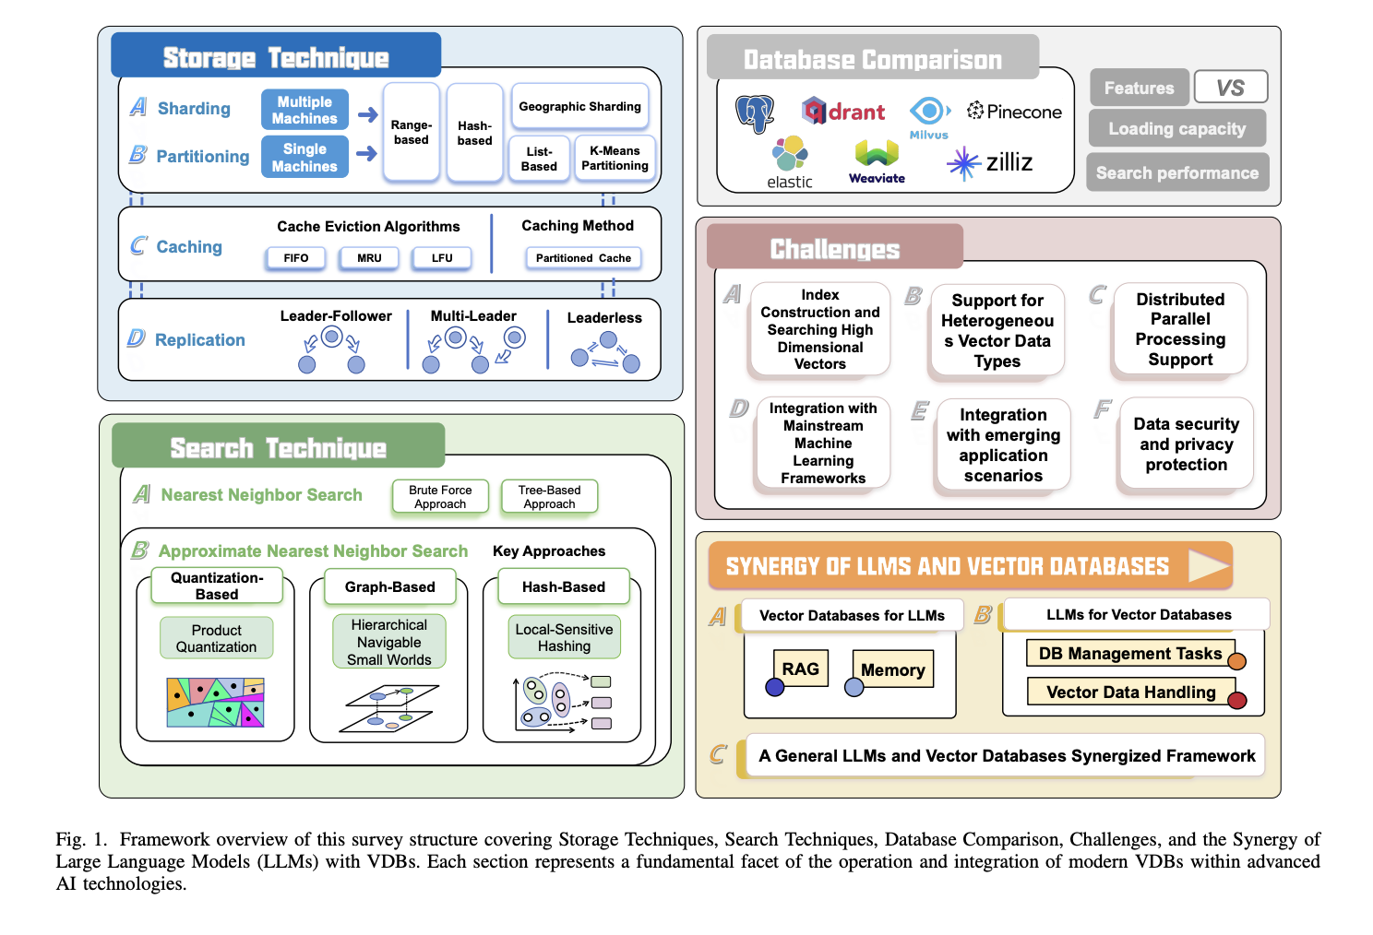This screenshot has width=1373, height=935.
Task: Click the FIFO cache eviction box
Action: (x=296, y=258)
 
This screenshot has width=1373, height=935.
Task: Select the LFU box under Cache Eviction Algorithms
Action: (x=442, y=258)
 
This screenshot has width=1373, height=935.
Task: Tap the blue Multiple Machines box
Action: (x=304, y=110)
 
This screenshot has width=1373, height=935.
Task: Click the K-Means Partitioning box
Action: (x=615, y=158)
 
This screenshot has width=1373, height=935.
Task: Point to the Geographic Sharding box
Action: (x=579, y=107)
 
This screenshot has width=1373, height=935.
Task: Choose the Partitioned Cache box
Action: (x=583, y=258)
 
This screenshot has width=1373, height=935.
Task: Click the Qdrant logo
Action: (x=843, y=112)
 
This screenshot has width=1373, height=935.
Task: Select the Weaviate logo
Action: (x=877, y=162)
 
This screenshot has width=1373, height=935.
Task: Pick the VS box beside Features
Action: (x=1230, y=88)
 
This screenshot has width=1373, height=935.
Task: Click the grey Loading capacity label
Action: (x=1176, y=128)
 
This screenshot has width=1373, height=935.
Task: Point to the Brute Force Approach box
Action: (x=440, y=497)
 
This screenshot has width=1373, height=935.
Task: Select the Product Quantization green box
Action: (x=217, y=638)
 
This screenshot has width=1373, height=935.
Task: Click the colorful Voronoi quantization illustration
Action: (x=216, y=703)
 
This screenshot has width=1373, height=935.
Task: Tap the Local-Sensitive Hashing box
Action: (x=564, y=637)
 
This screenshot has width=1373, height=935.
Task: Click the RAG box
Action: (x=800, y=669)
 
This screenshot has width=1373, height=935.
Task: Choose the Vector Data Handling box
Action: (x=1130, y=692)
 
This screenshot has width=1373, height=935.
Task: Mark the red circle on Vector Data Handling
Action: (x=1237, y=701)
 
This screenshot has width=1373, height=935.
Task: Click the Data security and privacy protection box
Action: (x=1186, y=444)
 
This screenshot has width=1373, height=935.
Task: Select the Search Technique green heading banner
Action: (x=278, y=447)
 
